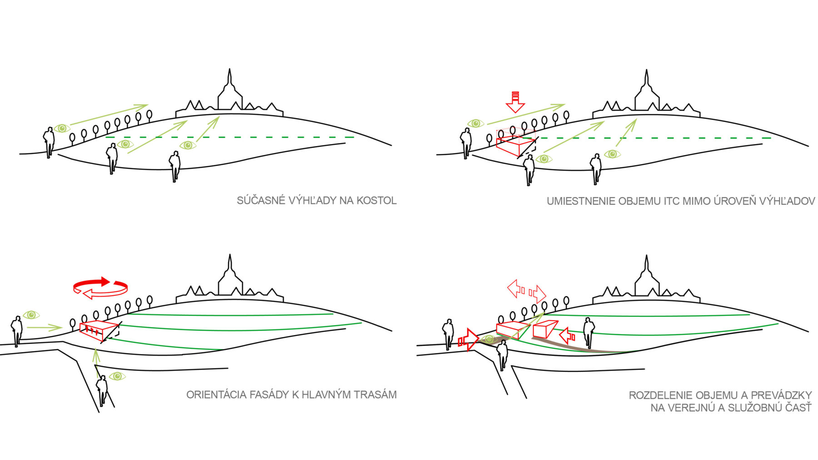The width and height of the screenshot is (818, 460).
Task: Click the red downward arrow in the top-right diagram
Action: [515, 103]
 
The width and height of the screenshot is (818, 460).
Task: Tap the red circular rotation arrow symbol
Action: [100, 288]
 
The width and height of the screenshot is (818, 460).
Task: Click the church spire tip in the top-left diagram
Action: [229, 70]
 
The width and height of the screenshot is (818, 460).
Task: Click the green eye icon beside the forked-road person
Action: [117, 376]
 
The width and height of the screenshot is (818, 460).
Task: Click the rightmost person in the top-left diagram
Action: [175, 166]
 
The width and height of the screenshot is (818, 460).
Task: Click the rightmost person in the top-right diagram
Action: [596, 168]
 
